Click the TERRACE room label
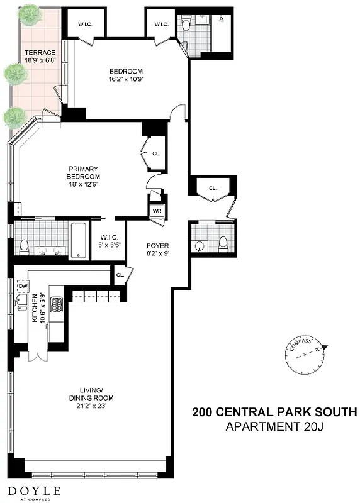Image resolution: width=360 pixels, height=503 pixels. coord(40,53)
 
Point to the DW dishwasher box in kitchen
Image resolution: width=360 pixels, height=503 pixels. coord(23,287)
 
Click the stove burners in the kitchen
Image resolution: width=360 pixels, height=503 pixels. coord(56,306)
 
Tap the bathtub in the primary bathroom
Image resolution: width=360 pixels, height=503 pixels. coord(78,240)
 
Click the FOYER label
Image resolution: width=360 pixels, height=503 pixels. coord(158,245)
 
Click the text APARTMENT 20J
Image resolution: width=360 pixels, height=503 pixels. coord(274,428)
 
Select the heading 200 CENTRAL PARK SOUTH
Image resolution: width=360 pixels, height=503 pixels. coord(274,413)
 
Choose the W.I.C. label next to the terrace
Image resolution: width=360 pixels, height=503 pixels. coord(86,24)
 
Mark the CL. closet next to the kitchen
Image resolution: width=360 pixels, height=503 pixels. coord(120,274)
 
